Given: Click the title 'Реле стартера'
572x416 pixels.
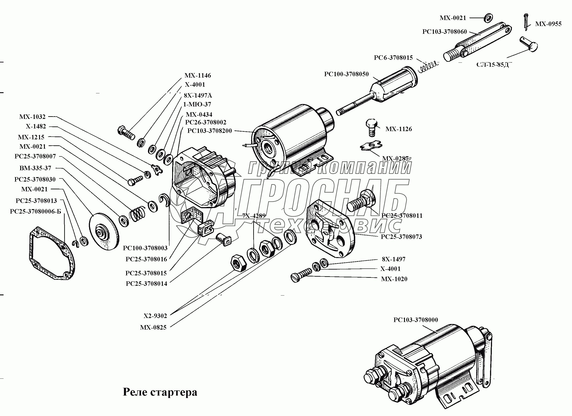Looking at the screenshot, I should coord(160,392).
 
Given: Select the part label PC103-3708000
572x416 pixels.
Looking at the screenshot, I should coord(416,320).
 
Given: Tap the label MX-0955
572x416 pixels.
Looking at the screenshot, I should coord(548,24).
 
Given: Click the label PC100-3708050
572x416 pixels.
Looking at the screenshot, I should coord(346,74).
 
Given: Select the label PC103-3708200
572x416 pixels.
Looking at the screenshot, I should coord(209,131).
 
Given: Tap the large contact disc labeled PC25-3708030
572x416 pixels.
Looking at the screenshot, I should coord(104,231).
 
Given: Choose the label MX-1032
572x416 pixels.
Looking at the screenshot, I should coord(32,117).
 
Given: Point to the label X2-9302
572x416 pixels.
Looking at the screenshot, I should coord(155,316).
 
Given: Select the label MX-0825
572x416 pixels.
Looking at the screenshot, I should coord(153,328).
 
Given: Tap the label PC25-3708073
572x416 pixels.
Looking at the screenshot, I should coord(401,237).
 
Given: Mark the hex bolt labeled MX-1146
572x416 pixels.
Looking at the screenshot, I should coord(126,133).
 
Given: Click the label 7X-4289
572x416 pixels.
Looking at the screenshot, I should coord(254,216).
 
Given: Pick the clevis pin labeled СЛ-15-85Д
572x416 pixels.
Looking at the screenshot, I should coord(528,44).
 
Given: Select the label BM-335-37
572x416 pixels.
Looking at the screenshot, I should coord(35,168).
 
